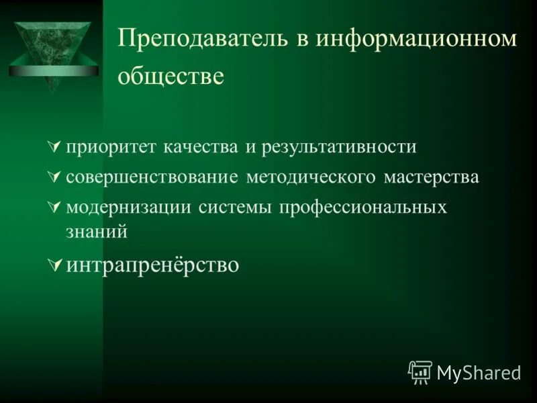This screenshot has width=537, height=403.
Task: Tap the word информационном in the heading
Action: pos(417,39)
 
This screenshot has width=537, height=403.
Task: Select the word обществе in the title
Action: pos(170,77)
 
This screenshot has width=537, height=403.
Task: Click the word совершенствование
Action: pos(152,177)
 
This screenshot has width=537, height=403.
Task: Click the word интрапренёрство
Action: pos(152,265)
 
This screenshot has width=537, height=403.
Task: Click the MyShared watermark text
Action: pos(478,373)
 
